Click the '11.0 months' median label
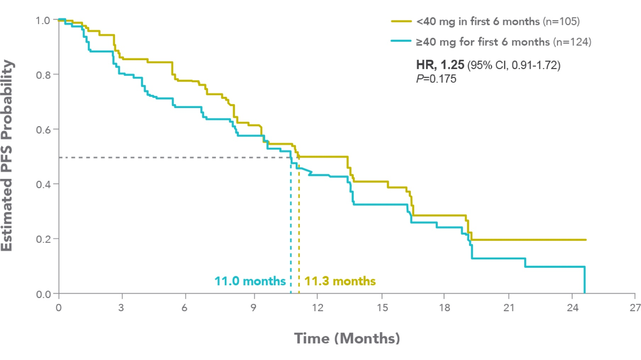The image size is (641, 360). tap(250, 281)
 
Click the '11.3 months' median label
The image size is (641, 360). tap(340, 281)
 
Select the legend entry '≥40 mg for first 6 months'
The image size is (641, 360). tap(483, 42)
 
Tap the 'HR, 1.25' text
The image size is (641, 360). tap(440, 65)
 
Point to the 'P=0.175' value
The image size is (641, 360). tap(436, 79)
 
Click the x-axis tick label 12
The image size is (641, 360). tap(317, 308)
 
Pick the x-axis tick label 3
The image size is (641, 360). tap(121, 308)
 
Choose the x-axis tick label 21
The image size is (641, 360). tap(509, 308)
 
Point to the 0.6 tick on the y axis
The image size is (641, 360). tap(43, 130)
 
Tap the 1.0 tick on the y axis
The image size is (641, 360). tap(43, 21)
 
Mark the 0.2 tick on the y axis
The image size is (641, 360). tap(43, 239)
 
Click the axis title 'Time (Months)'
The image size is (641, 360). tap(347, 338)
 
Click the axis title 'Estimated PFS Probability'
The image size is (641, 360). tap(7, 156)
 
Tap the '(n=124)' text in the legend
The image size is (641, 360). tap(570, 42)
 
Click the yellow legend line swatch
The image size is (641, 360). tap(401, 21)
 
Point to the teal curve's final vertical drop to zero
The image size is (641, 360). tap(584, 280)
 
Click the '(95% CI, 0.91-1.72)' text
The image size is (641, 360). tap(514, 65)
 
